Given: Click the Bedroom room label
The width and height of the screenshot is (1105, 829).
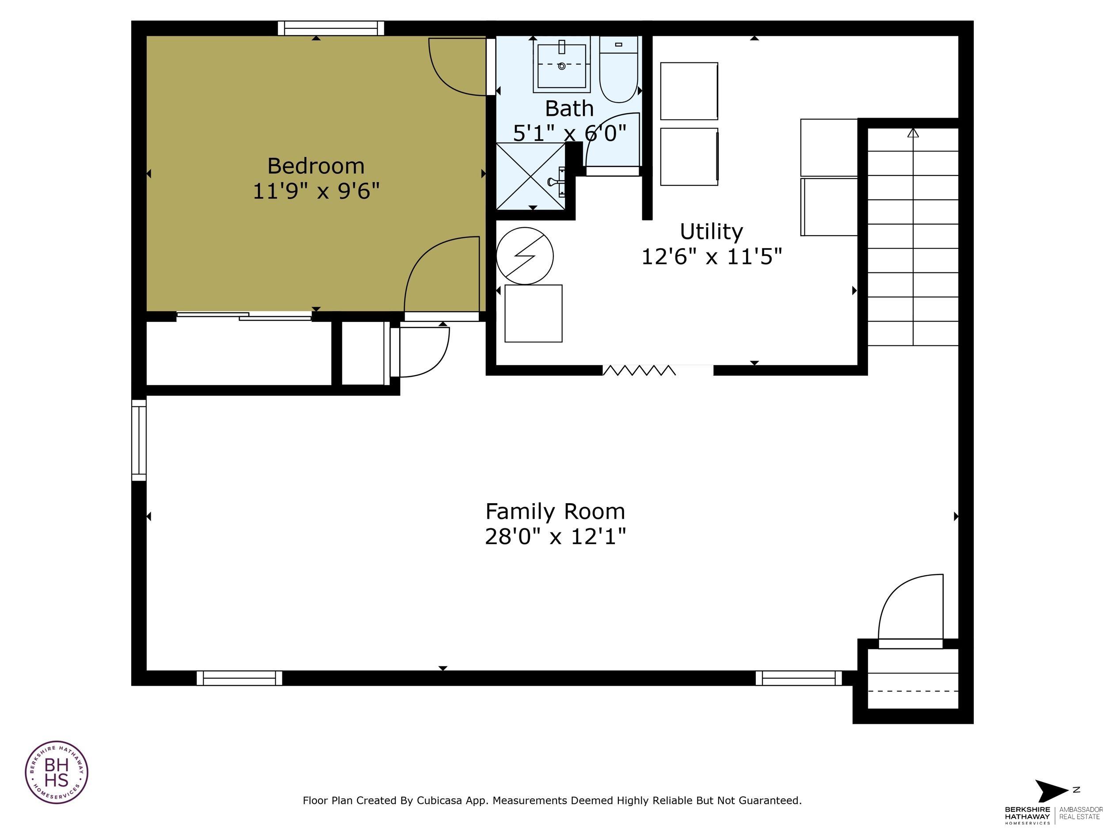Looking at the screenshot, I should (316, 166).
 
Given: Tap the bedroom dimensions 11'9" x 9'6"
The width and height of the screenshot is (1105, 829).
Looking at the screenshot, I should (316, 191).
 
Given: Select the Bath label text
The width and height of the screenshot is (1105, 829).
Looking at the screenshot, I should (569, 108).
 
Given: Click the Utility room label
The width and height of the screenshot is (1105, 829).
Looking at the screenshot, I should (711, 231).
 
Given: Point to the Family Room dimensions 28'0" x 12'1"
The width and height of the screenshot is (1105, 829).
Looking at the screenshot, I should (555, 537).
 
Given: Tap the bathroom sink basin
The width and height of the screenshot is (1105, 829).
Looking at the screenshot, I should (561, 65).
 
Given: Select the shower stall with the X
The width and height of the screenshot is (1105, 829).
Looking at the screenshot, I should (530, 176).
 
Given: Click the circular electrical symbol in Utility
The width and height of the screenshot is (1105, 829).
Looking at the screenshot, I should (525, 256).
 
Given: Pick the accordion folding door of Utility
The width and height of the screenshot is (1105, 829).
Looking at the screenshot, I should (639, 370).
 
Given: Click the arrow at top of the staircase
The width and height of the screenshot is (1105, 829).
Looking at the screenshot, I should (913, 134).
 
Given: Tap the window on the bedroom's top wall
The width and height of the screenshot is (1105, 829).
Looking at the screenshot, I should (331, 28).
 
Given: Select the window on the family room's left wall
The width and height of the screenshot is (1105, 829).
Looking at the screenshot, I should (139, 440).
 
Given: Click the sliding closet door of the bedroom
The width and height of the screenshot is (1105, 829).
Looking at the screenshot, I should (244, 316).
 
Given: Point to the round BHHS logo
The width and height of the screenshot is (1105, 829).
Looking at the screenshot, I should (57, 772).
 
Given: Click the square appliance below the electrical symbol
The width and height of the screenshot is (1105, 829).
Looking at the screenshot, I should (533, 313).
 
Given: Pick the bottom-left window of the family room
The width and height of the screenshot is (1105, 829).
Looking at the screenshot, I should (239, 678).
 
